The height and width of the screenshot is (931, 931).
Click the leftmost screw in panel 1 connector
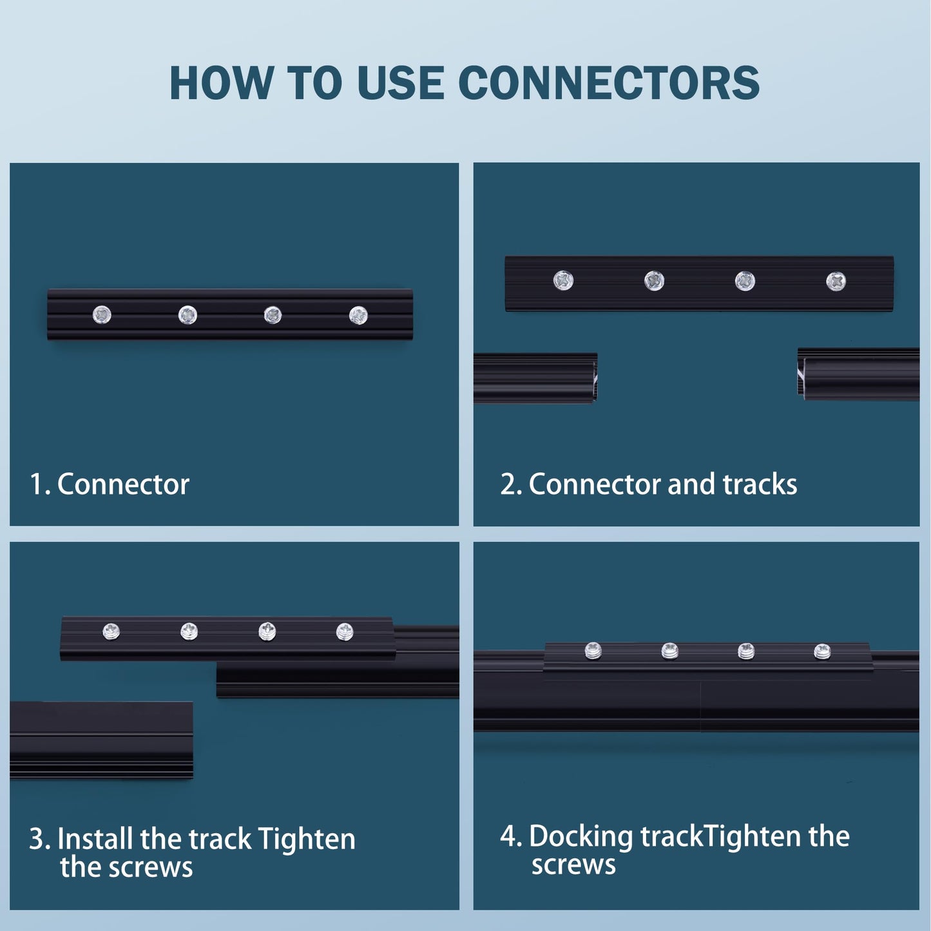click(x=102, y=315)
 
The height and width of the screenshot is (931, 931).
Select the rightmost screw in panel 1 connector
click(x=358, y=315)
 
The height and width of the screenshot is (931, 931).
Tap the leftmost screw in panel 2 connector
click(x=563, y=280)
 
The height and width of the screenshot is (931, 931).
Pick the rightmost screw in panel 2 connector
click(x=836, y=281)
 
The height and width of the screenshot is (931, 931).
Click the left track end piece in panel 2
click(x=535, y=378)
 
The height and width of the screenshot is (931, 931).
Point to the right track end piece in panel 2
click(x=858, y=374)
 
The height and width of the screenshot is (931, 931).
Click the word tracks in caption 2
click(x=760, y=485)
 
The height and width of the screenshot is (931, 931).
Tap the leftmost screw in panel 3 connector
click(x=111, y=631)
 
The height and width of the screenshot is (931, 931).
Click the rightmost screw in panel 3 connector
click(x=345, y=632)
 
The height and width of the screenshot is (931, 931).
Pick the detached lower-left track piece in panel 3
click(x=101, y=740)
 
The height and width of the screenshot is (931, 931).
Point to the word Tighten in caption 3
click(x=306, y=840)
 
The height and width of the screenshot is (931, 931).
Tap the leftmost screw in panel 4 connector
click(x=593, y=651)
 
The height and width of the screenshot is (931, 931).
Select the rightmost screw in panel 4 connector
click(x=822, y=652)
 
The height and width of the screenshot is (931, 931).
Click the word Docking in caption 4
click(x=581, y=837)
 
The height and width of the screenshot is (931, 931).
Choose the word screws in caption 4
click(x=573, y=865)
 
